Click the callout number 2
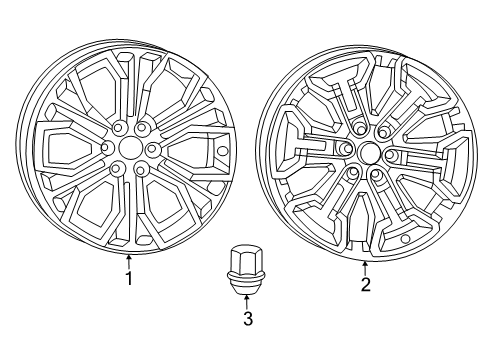[366, 284]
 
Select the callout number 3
[246, 319]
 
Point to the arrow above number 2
[365, 266]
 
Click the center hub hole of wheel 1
[130, 148]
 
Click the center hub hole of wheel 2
[368, 153]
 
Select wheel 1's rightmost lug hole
[152, 149]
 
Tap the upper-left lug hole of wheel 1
[117, 129]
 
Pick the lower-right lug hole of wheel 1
[141, 169]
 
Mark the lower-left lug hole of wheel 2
[353, 173]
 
